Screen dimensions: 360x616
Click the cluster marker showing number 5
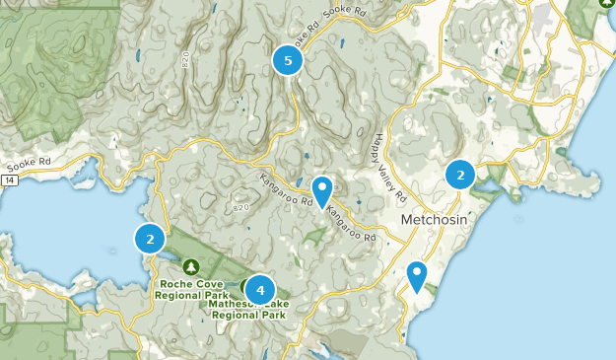(x=288, y=61)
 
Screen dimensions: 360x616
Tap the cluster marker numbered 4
(x=260, y=290)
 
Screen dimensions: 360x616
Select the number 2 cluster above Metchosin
(x=460, y=175)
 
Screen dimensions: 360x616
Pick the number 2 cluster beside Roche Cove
(x=150, y=239)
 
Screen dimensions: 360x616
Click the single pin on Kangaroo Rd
(x=322, y=190)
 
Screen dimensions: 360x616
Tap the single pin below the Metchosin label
(x=418, y=276)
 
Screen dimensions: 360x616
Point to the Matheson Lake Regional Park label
(x=248, y=309)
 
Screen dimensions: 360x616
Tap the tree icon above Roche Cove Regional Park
(x=191, y=267)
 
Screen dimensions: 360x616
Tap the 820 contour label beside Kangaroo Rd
(x=242, y=208)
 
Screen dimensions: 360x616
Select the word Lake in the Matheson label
(x=275, y=304)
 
